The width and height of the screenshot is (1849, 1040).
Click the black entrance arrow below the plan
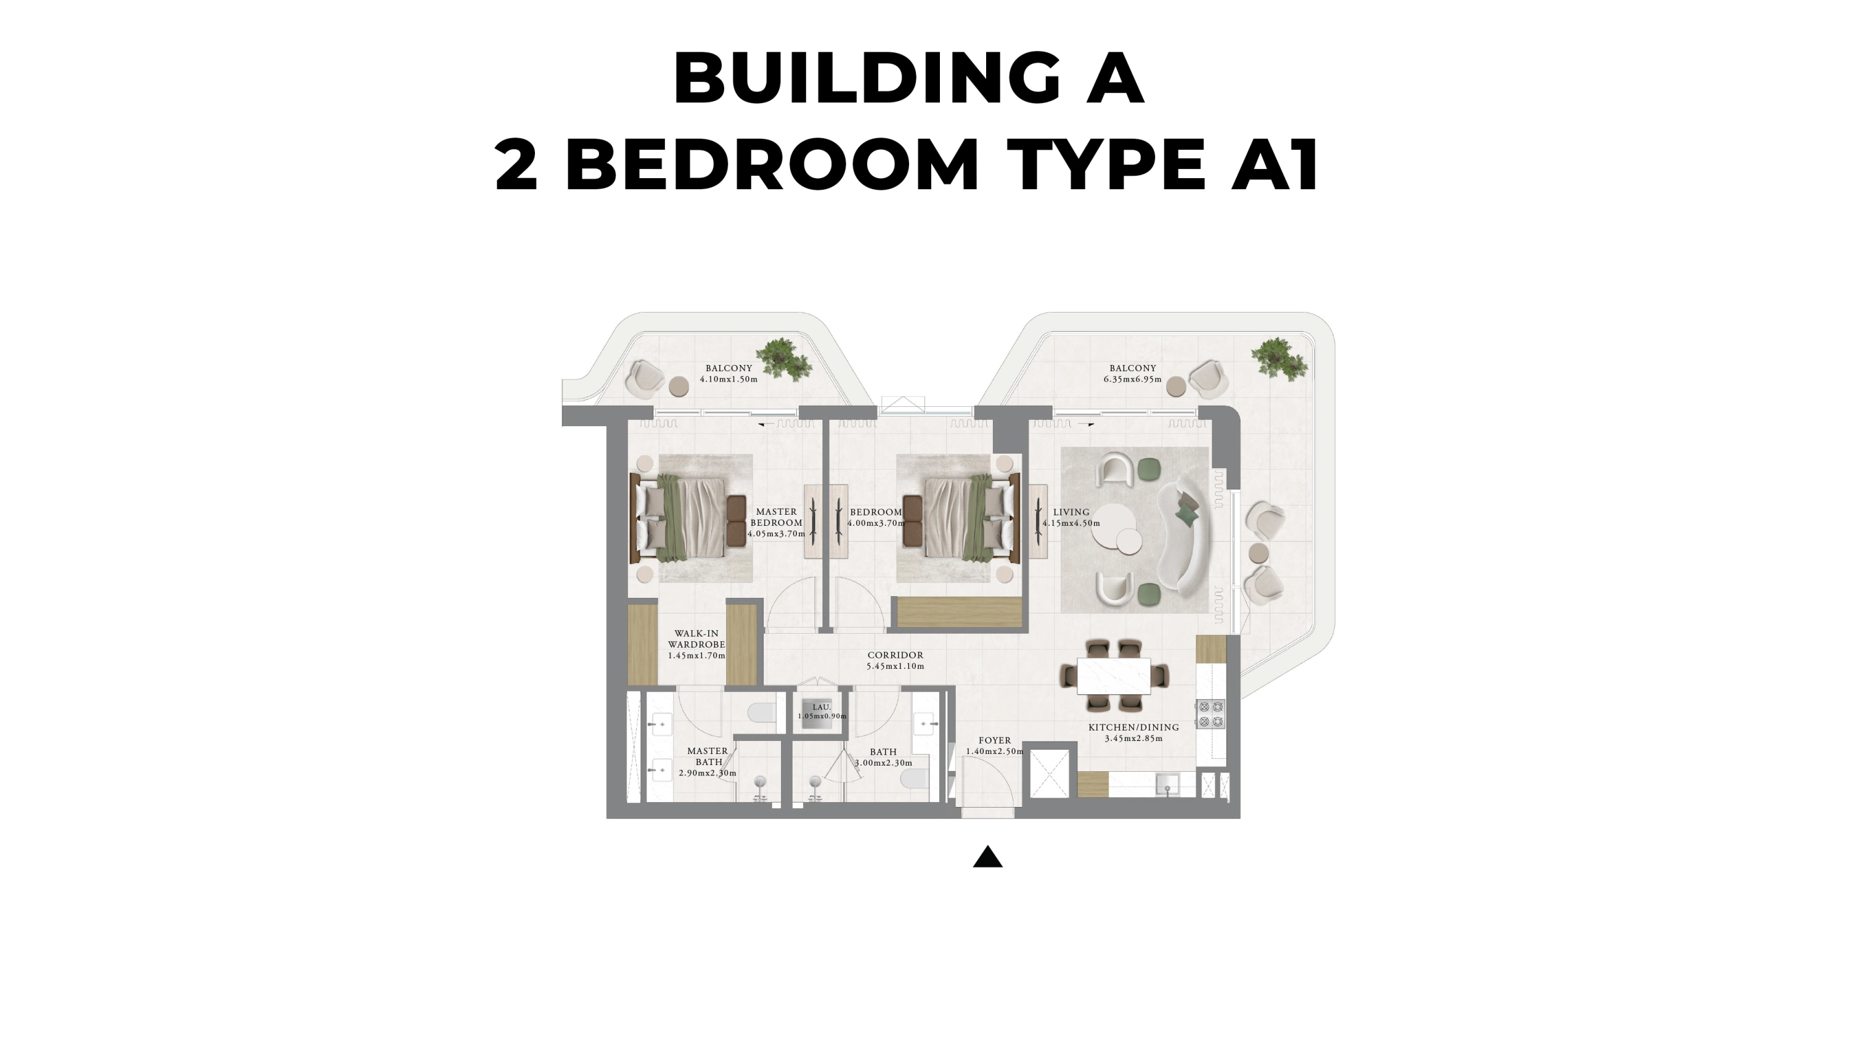click(x=987, y=857)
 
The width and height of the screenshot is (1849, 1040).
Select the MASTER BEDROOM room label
click(x=776, y=517)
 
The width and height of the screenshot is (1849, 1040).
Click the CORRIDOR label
click(x=895, y=655)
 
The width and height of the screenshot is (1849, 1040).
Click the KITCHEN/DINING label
click(x=1133, y=727)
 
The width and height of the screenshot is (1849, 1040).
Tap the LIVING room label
click(x=1071, y=512)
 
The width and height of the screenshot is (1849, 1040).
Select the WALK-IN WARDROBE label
click(x=696, y=639)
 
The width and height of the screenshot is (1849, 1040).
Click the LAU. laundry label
click(x=822, y=707)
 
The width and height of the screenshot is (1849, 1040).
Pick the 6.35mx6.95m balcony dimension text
click(x=1132, y=379)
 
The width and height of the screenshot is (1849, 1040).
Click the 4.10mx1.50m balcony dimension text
click(x=729, y=379)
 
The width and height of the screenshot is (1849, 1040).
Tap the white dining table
click(x=1113, y=676)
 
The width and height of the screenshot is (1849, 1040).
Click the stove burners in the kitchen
click(x=1211, y=714)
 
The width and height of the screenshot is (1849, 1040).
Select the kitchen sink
click(x=1167, y=783)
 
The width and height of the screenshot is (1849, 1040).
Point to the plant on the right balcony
click(x=1278, y=358)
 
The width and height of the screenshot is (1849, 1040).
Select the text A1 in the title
click(x=1275, y=165)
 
